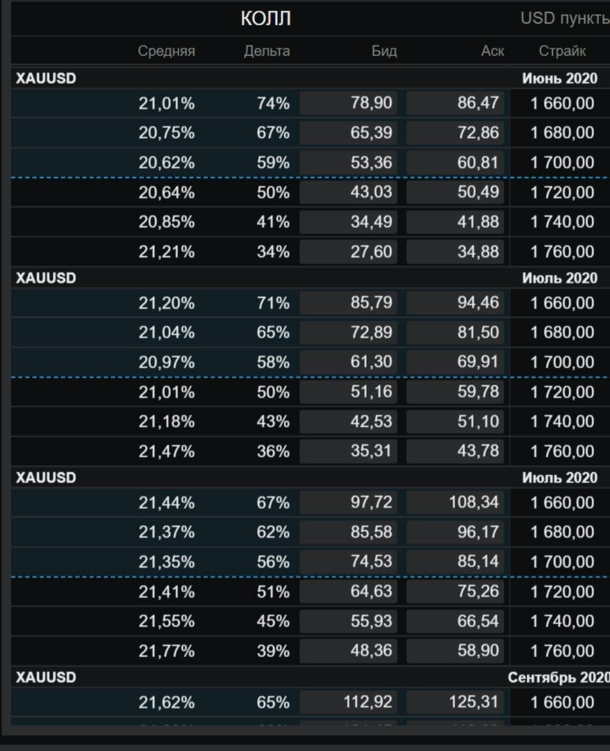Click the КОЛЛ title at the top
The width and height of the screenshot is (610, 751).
pos(266,19)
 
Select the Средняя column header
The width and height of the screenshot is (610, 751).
pos(167,51)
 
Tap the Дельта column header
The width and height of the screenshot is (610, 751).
pos(267,51)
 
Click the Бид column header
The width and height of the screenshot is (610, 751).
pos(384,51)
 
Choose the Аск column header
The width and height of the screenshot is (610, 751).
pos(492,51)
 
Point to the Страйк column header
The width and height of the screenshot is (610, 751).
pos(562,51)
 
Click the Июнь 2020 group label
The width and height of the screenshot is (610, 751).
pos(560,79)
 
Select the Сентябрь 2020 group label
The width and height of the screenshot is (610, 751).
pos(558,678)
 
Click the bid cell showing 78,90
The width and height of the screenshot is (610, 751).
pos(348,103)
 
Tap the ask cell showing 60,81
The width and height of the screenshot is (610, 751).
pos(455,163)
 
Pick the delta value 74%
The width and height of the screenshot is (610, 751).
pos(273,103)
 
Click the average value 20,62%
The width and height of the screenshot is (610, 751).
pos(167,163)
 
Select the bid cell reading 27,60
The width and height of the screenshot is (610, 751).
pos(348,252)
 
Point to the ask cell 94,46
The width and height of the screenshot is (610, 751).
pos(455,303)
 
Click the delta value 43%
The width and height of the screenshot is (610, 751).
pos(273,421)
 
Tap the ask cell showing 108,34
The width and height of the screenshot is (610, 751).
pos(455,502)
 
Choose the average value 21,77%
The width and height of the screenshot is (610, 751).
pos(167,651)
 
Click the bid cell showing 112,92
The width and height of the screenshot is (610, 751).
pos(348,702)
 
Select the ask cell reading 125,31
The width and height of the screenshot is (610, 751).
pos(455,702)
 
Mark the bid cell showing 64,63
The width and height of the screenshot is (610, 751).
pos(348,591)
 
